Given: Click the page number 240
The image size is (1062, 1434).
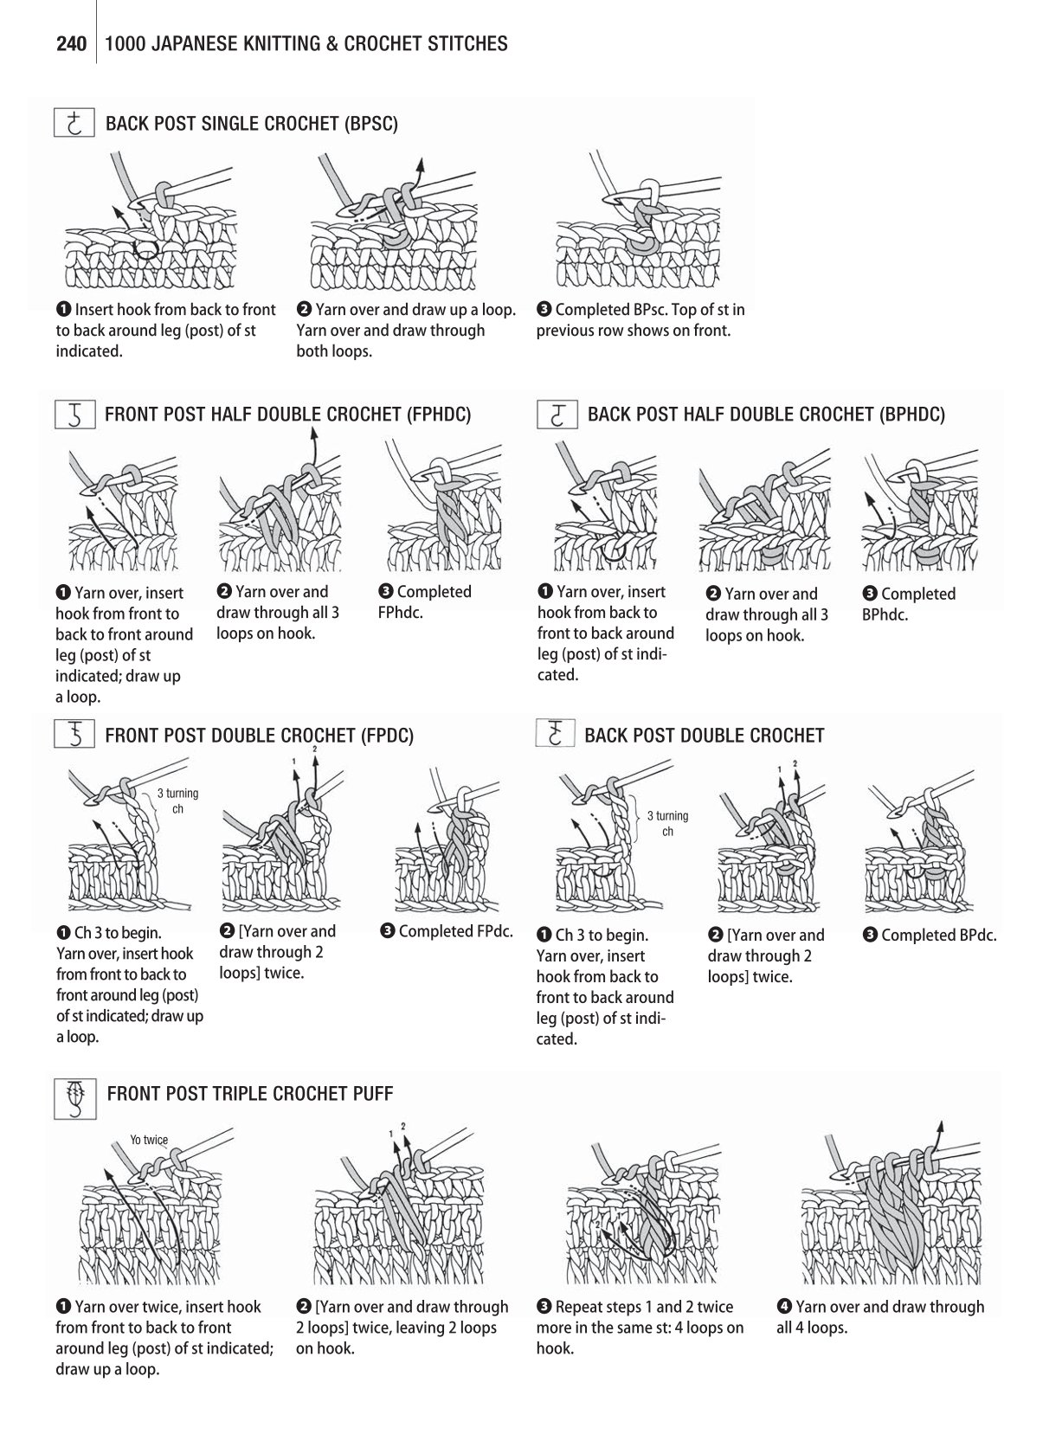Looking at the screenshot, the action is (x=71, y=44).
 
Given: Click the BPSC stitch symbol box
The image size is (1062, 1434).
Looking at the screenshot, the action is (x=74, y=122).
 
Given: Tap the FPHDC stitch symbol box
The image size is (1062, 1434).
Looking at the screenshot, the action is (x=75, y=415).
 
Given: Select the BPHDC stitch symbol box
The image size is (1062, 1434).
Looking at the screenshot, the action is (x=557, y=415).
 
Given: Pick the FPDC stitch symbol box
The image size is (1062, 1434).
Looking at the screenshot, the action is (x=75, y=734).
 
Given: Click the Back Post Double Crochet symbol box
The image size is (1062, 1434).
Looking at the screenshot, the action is (x=555, y=733).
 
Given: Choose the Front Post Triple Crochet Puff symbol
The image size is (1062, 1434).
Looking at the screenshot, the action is (x=75, y=1098).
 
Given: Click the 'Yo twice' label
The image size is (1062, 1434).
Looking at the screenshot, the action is (x=149, y=1140).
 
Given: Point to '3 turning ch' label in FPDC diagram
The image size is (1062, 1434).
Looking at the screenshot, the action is (x=177, y=801).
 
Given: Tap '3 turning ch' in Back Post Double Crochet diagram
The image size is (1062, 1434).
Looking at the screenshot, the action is (x=667, y=824).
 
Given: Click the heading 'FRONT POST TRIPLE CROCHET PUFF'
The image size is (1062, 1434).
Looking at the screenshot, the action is (x=250, y=1094).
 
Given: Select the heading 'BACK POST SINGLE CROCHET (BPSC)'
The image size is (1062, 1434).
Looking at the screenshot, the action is (x=252, y=124).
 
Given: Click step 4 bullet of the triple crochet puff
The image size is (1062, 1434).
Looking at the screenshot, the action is (x=784, y=1306).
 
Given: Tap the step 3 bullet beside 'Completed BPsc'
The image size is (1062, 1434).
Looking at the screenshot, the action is (x=544, y=309).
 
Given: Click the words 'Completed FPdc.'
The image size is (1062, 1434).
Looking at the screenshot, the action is (x=455, y=931).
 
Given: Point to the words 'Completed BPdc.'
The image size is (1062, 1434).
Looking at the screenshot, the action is (x=938, y=935).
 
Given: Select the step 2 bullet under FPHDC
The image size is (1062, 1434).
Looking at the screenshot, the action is (x=224, y=591).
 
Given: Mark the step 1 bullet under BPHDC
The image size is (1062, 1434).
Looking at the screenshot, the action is (x=545, y=591).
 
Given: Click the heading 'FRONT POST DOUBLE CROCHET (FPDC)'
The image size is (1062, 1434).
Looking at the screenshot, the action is (x=260, y=735).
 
